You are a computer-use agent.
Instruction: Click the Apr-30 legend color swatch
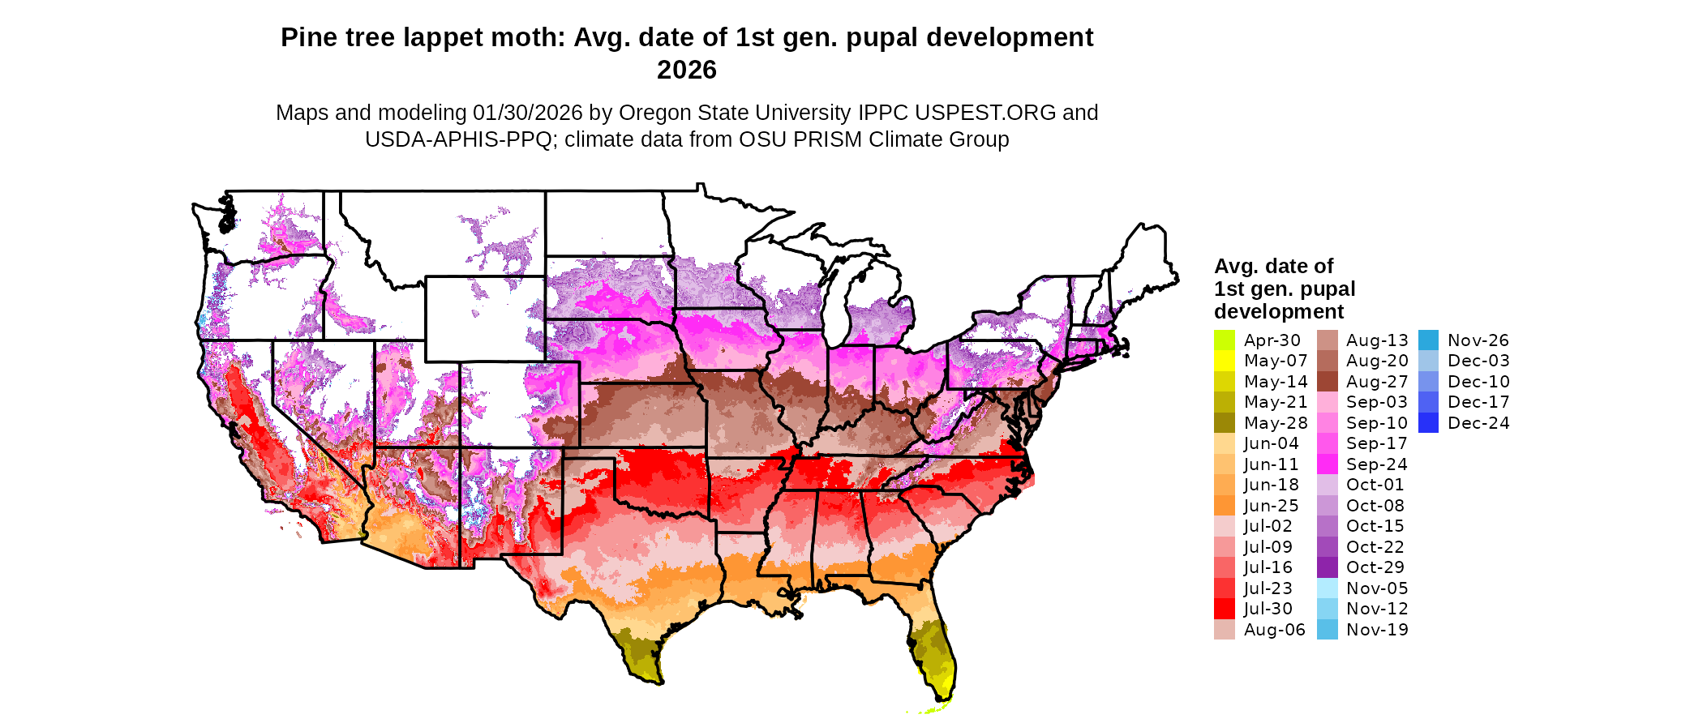pyautogui.click(x=1224, y=340)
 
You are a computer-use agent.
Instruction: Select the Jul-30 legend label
pyautogui.click(x=1268, y=609)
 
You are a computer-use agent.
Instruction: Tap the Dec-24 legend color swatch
pyautogui.click(x=1428, y=423)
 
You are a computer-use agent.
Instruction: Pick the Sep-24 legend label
pyautogui.click(x=1376, y=464)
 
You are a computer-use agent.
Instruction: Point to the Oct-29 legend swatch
pyautogui.click(x=1327, y=567)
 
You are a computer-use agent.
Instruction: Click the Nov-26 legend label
pyautogui.click(x=1478, y=340)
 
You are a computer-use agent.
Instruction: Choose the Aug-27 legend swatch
pyautogui.click(x=1327, y=382)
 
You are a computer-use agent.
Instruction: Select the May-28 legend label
pyautogui.click(x=1276, y=423)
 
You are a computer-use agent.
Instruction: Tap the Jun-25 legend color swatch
pyautogui.click(x=1224, y=506)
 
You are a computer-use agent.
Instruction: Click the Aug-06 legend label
pyautogui.click(x=1274, y=630)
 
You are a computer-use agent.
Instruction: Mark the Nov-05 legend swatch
pyautogui.click(x=1327, y=588)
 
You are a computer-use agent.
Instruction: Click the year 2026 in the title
pyautogui.click(x=686, y=71)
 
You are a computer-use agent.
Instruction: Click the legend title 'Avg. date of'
pyautogui.click(x=1273, y=266)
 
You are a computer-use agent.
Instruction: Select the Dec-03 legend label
pyautogui.click(x=1478, y=361)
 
